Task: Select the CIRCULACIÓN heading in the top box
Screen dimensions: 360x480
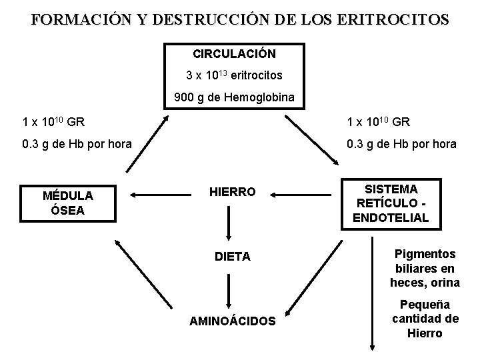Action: coord(235,52)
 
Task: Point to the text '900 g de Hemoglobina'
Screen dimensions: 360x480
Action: coord(234,98)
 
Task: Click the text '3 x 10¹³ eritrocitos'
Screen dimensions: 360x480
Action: coord(234,75)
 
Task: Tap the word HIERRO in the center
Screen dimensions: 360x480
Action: coord(232,192)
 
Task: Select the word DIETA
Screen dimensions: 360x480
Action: coord(232,256)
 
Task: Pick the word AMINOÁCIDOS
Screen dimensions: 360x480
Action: coord(232,321)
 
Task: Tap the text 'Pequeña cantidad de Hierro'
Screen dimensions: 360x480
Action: coord(425,319)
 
